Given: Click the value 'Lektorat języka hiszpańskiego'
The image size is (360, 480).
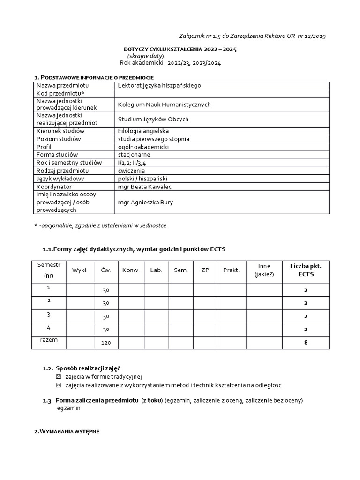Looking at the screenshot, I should click(x=159, y=85).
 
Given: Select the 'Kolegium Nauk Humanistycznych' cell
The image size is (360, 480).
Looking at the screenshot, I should click(x=164, y=105).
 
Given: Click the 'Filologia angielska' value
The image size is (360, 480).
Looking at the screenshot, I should click(x=143, y=131).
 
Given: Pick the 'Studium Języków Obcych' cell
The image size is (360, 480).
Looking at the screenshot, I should click(x=153, y=120).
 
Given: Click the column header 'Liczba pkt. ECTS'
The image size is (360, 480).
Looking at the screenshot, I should click(x=306, y=270).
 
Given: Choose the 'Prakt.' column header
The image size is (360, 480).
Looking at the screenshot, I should click(x=231, y=270).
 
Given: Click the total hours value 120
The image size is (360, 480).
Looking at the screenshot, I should click(x=106, y=343).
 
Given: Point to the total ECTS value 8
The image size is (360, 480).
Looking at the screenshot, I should click(x=306, y=343).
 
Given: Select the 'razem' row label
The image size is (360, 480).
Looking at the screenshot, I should click(x=49, y=340).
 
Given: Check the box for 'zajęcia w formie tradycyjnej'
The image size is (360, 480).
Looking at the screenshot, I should click(x=59, y=376).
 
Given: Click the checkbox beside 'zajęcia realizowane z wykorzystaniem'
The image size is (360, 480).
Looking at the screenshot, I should click(x=59, y=385).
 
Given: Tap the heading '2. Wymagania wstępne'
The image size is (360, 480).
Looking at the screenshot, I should click(x=67, y=431).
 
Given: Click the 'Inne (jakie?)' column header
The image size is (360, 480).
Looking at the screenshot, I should click(x=264, y=270).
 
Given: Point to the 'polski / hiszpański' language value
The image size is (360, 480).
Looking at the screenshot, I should click(x=142, y=179).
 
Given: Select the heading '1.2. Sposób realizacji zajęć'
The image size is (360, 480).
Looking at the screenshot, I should click(x=84, y=368).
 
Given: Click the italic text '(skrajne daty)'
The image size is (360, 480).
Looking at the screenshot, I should click(x=146, y=56).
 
